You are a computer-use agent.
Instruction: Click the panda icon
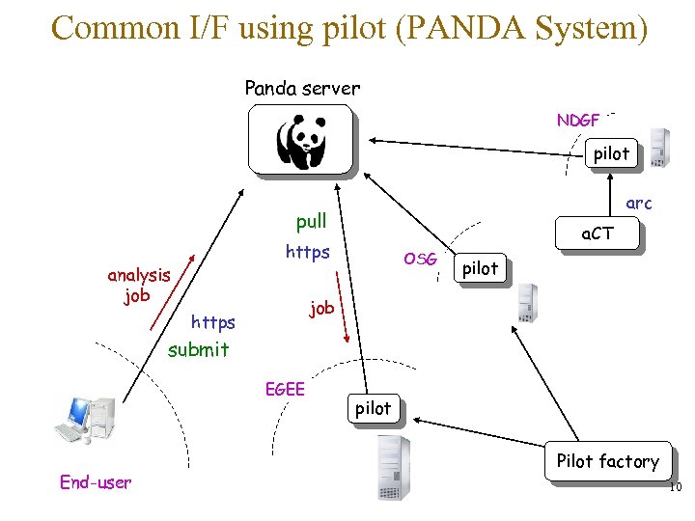click(300, 141)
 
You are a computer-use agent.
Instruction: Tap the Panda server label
click(302, 89)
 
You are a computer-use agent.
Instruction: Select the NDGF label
click(578, 121)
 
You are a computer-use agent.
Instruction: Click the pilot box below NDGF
click(610, 153)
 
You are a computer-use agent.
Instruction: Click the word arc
click(638, 203)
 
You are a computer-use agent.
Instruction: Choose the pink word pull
click(311, 222)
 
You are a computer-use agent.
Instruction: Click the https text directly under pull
click(309, 253)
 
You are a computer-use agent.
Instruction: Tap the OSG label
click(421, 259)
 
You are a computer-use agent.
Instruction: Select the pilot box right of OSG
click(480, 268)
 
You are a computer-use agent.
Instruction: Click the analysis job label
click(139, 285)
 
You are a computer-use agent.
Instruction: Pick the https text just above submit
click(213, 321)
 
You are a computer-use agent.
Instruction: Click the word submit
click(198, 349)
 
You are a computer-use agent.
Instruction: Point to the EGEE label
click(285, 389)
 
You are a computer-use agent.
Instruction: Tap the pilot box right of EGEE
click(374, 408)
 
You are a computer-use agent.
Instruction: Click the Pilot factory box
click(607, 461)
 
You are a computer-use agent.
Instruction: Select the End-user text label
click(96, 482)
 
